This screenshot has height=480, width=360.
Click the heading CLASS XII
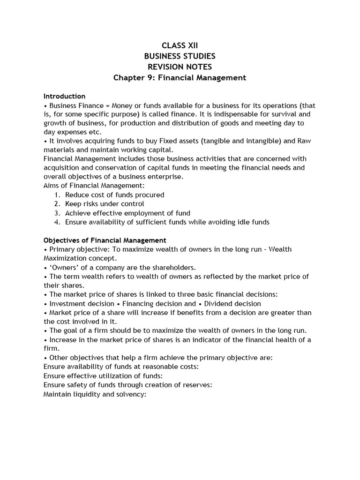pos(180,45)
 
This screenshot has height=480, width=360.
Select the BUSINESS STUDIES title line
pos(180,56)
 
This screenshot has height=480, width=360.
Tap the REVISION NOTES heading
pos(180,67)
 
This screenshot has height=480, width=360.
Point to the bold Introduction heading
pos(65,96)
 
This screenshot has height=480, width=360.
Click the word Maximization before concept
pos(66,258)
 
